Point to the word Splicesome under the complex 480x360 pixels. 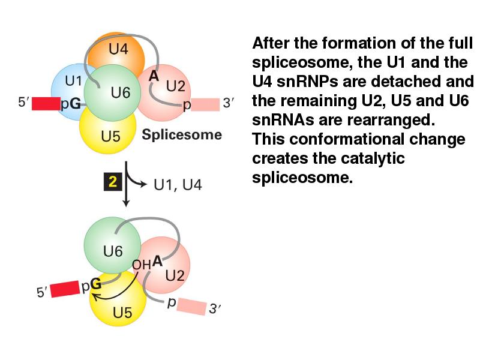(182, 134)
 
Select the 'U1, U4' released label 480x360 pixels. (178, 185)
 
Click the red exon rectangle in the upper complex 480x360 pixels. (46, 103)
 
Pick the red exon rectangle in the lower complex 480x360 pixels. (65, 289)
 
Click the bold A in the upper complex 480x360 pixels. (154, 76)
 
